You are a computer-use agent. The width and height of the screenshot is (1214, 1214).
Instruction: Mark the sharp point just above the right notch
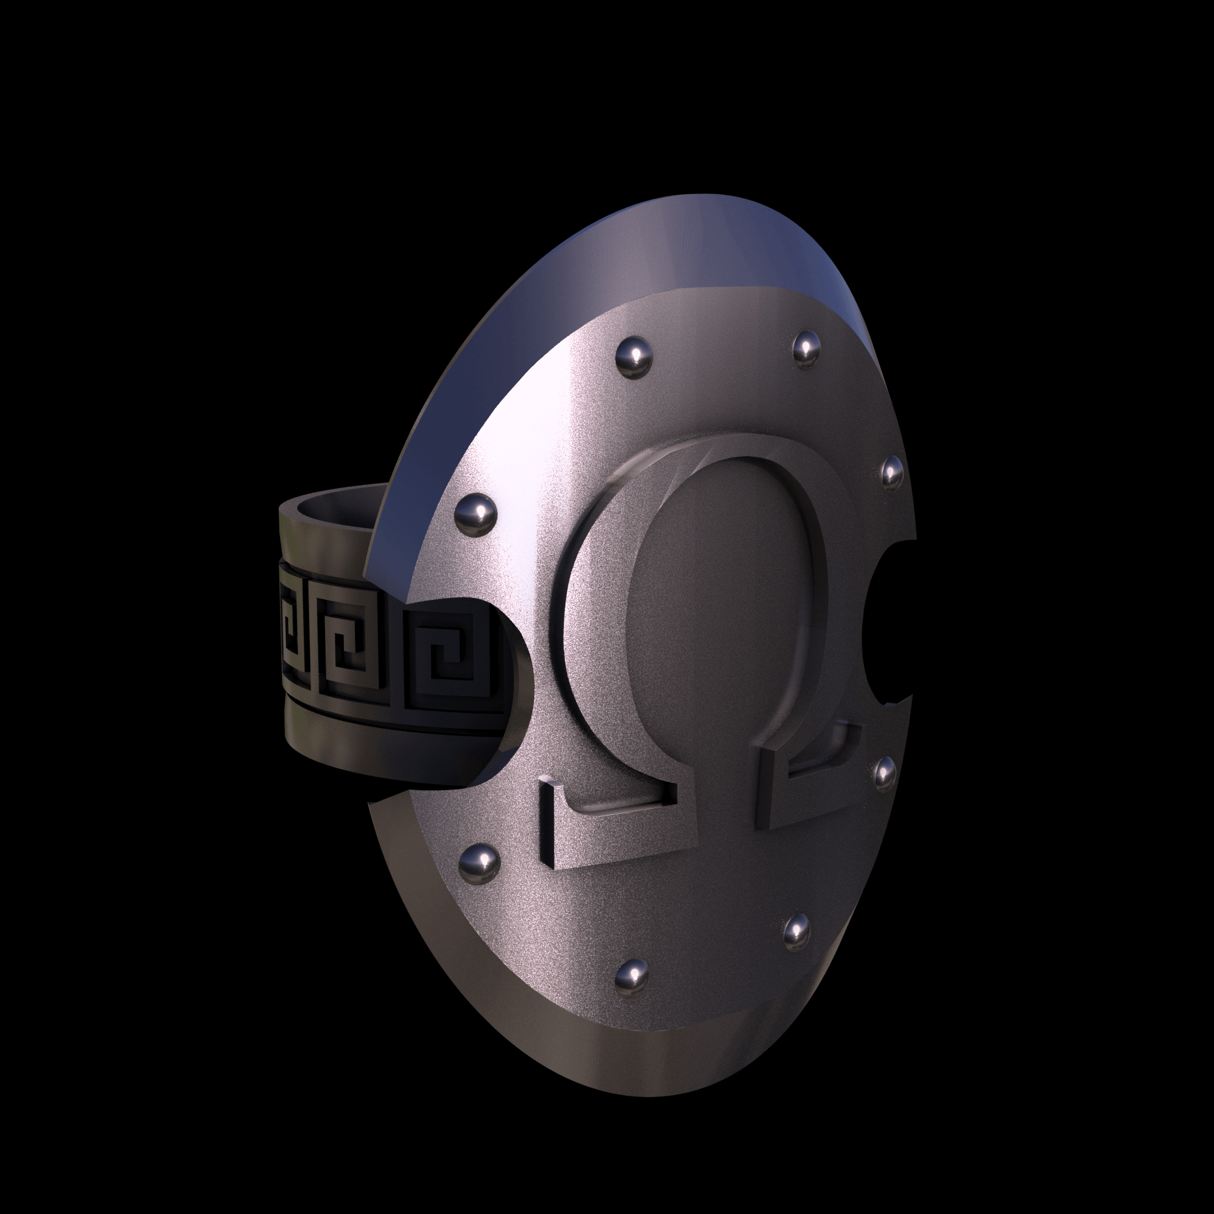pos(914,543)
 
